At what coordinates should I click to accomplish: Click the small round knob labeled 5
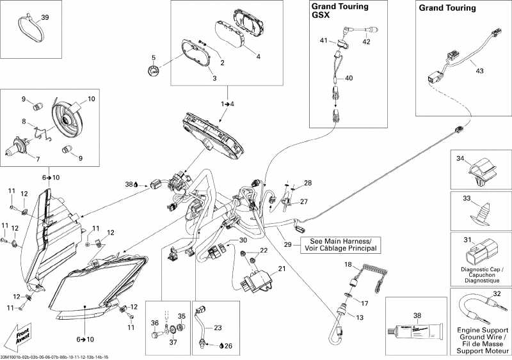tap(153, 72)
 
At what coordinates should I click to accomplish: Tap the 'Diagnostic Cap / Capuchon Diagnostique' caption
tap(481, 276)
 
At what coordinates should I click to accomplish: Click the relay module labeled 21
tap(255, 281)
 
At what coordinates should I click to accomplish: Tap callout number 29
tap(288, 245)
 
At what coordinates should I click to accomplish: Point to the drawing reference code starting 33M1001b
tap(54, 356)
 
